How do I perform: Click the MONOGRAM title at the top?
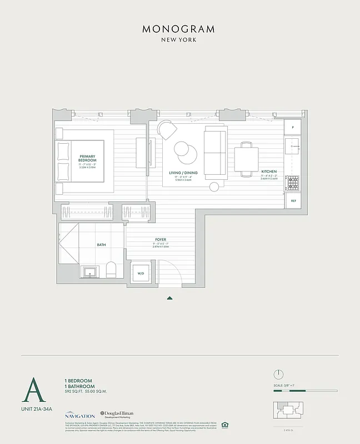pyautogui.click(x=179, y=29)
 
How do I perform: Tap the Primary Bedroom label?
pyautogui.click(x=88, y=159)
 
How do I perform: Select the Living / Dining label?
pyautogui.click(x=183, y=173)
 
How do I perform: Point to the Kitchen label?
pyautogui.click(x=269, y=172)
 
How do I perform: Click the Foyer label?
pyautogui.click(x=161, y=240)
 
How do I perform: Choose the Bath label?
pyautogui.click(x=101, y=244)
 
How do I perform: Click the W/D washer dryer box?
pyautogui.click(x=140, y=274)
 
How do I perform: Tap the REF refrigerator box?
pyautogui.click(x=293, y=200)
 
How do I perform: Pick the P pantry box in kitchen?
pyautogui.click(x=293, y=128)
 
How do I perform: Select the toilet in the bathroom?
pyautogui.click(x=110, y=270)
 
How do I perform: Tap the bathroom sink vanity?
pyautogui.click(x=89, y=271)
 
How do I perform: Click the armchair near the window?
pyautogui.click(x=167, y=131)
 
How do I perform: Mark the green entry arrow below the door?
pyautogui.click(x=170, y=298)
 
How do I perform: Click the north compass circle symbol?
pyautogui.click(x=279, y=374)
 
